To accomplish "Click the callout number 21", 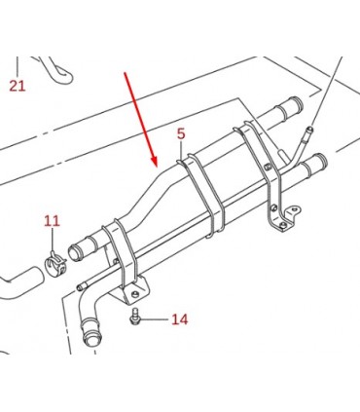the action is (x=18, y=86).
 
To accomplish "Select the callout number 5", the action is (x=181, y=133).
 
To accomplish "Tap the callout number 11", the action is (x=52, y=221).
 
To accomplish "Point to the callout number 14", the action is (x=180, y=319).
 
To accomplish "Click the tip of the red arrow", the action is (x=156, y=167).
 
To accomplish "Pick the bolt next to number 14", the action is (x=134, y=316).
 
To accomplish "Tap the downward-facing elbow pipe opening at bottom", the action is (x=90, y=339).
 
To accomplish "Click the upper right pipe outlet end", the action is (x=298, y=103).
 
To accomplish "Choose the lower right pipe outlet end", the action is (x=322, y=161).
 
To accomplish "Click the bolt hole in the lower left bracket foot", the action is (x=134, y=294).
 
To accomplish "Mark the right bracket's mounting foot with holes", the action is (x=287, y=218).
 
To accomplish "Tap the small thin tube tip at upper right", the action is (x=310, y=129).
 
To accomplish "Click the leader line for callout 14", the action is (x=154, y=319).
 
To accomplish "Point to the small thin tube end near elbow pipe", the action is (x=79, y=287).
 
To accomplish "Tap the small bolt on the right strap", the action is (x=268, y=167).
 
